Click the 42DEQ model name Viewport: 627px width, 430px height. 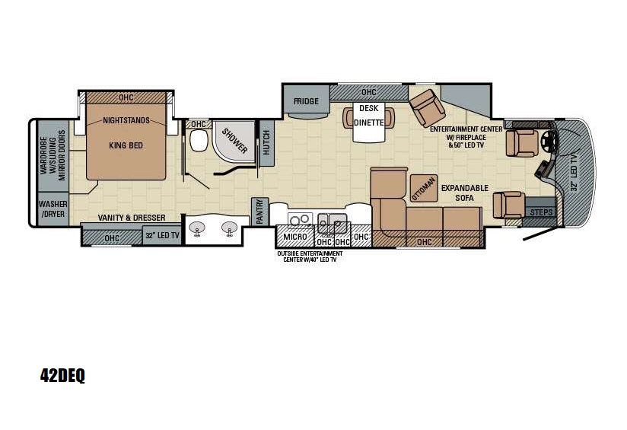[x=62, y=375]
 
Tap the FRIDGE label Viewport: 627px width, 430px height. [x=306, y=100]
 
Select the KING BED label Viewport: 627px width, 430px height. [x=125, y=145]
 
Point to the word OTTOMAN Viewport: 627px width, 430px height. [x=424, y=187]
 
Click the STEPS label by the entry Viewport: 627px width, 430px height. [x=542, y=212]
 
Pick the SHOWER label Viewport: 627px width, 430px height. [x=235, y=140]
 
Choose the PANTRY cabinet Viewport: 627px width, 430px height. [x=259, y=212]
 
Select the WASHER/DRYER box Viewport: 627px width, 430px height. [x=53, y=209]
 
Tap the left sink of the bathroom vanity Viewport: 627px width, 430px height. [x=199, y=228]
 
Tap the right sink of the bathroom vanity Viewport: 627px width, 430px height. [x=228, y=228]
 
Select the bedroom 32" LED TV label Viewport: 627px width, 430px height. [x=161, y=237]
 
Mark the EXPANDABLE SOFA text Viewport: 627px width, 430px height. [x=464, y=193]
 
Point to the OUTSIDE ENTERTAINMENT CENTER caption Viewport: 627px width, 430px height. [x=309, y=256]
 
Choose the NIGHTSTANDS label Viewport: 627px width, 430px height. [x=126, y=120]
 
